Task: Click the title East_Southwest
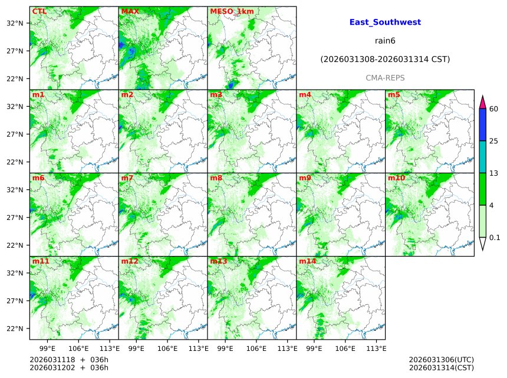click(x=385, y=22)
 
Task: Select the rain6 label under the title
click(x=385, y=41)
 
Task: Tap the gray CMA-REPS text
click(x=385, y=78)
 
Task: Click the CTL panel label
click(x=39, y=11)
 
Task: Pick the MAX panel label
click(x=130, y=11)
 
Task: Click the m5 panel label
click(x=394, y=94)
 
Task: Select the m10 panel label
click(x=396, y=178)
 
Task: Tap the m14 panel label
click(x=307, y=261)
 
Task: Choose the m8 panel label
click(x=216, y=178)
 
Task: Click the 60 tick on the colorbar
click(x=494, y=109)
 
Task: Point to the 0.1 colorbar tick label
click(x=495, y=238)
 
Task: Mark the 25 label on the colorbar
click(x=494, y=141)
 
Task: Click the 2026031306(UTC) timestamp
click(x=441, y=360)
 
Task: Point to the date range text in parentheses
click(x=385, y=60)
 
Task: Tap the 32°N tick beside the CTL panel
click(x=15, y=23)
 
